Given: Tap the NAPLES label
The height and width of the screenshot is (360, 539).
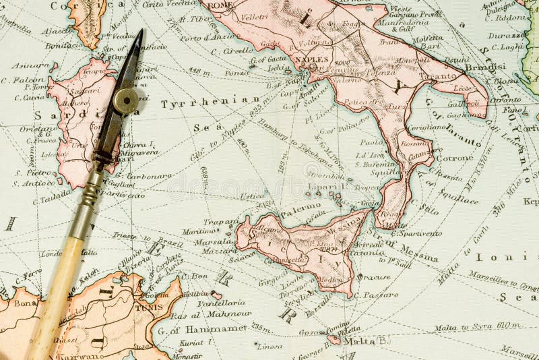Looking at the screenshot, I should tap(311, 59).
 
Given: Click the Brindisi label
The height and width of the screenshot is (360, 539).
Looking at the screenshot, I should tap(484, 67).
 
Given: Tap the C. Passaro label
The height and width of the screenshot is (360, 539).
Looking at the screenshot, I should tap(381, 295).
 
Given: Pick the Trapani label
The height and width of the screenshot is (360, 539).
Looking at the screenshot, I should tap(222, 221).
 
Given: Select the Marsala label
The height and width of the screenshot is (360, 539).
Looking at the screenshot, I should tap(214, 241).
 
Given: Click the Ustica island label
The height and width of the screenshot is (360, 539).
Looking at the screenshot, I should tap(252, 196).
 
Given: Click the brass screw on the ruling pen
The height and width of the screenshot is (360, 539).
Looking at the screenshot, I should tap(125, 100).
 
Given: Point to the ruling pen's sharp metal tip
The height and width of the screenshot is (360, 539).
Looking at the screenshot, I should tap(139, 32).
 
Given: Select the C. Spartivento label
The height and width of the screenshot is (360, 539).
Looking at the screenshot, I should tap(416, 233).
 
